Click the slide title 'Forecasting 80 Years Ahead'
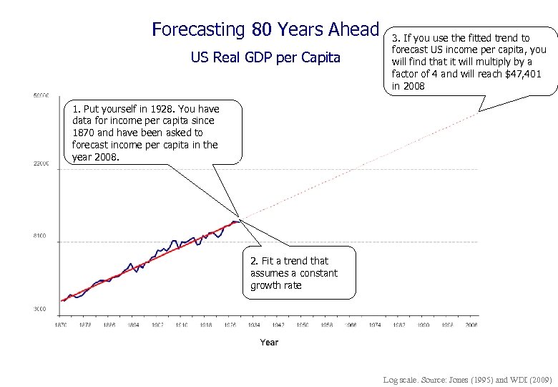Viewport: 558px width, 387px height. [x=265, y=29]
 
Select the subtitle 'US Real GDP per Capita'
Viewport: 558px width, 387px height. [x=265, y=57]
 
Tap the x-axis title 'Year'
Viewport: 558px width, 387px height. [x=269, y=343]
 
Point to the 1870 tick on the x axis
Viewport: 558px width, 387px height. [x=62, y=325]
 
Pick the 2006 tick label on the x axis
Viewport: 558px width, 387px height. [x=471, y=325]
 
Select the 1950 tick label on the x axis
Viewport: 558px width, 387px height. [x=303, y=325]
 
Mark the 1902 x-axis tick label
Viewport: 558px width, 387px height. [x=157, y=325]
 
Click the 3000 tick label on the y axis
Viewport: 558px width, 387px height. [x=41, y=309]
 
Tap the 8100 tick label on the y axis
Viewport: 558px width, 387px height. [x=41, y=236]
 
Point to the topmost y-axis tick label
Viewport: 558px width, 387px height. [x=40, y=95]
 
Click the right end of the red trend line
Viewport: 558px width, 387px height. [x=240, y=219]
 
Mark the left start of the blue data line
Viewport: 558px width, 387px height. [x=62, y=301]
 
